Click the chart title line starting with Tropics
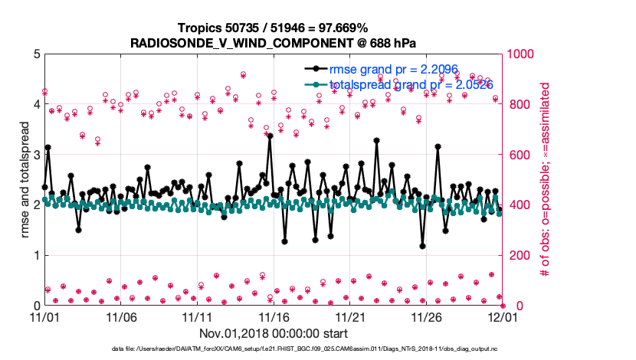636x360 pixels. [x=273, y=28]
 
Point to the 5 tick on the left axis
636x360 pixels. [x=34, y=54]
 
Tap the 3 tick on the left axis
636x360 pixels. [x=34, y=155]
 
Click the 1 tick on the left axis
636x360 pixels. [x=34, y=255]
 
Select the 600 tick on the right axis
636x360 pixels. [x=520, y=155]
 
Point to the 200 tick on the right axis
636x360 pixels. [x=520, y=255]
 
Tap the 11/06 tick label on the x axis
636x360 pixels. [x=120, y=316]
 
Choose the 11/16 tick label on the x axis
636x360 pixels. [x=273, y=316]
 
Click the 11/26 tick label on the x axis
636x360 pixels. [x=426, y=316]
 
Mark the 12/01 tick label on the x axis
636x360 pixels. [x=502, y=316]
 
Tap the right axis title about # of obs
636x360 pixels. [x=546, y=179]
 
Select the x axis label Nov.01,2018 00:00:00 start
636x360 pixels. [x=273, y=333]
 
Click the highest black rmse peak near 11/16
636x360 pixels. [x=270, y=136]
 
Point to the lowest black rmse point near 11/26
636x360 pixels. [x=422, y=246]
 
